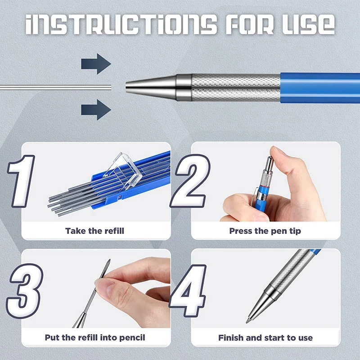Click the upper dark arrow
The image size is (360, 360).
(x=95, y=64)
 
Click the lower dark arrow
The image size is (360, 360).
(x=95, y=109)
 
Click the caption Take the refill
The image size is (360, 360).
(x=94, y=231)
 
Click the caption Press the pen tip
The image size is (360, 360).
(x=265, y=231)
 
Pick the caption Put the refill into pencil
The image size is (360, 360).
(x=95, y=337)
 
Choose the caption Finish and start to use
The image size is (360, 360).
(x=265, y=337)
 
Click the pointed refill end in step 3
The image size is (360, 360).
(x=109, y=262)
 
